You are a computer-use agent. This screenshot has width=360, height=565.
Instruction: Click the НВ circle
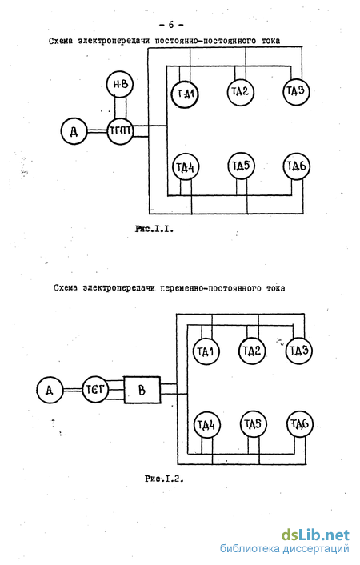(120, 83)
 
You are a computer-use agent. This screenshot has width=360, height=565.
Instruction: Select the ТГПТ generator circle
(120, 130)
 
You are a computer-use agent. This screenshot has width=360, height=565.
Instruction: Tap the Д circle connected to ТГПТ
(74, 131)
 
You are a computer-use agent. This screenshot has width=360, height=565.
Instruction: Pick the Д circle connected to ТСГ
(50, 390)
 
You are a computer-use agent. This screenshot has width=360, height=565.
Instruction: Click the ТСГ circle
(95, 389)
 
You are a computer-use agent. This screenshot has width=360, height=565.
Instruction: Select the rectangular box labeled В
(142, 390)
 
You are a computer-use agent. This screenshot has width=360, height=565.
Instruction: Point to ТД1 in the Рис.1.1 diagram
(185, 94)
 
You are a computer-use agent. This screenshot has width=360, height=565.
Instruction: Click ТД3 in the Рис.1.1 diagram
(296, 91)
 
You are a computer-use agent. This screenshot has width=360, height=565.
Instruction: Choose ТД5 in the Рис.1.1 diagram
(241, 166)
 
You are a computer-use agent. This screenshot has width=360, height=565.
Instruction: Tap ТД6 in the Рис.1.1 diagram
(297, 166)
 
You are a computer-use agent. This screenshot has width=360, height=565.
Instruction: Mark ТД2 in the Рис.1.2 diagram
(252, 351)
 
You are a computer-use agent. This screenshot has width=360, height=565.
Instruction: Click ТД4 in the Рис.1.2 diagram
(207, 424)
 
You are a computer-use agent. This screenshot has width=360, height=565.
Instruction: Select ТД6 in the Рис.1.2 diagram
(300, 424)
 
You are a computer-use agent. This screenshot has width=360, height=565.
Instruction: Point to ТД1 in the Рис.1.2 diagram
(207, 351)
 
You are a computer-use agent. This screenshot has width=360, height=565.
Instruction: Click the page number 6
(171, 25)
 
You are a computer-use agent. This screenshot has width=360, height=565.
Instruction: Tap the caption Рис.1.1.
(154, 229)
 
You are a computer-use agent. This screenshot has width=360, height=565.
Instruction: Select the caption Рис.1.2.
(164, 479)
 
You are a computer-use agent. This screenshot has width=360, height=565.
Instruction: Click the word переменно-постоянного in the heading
(210, 288)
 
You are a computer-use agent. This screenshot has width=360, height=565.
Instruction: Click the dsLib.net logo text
(316, 535)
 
